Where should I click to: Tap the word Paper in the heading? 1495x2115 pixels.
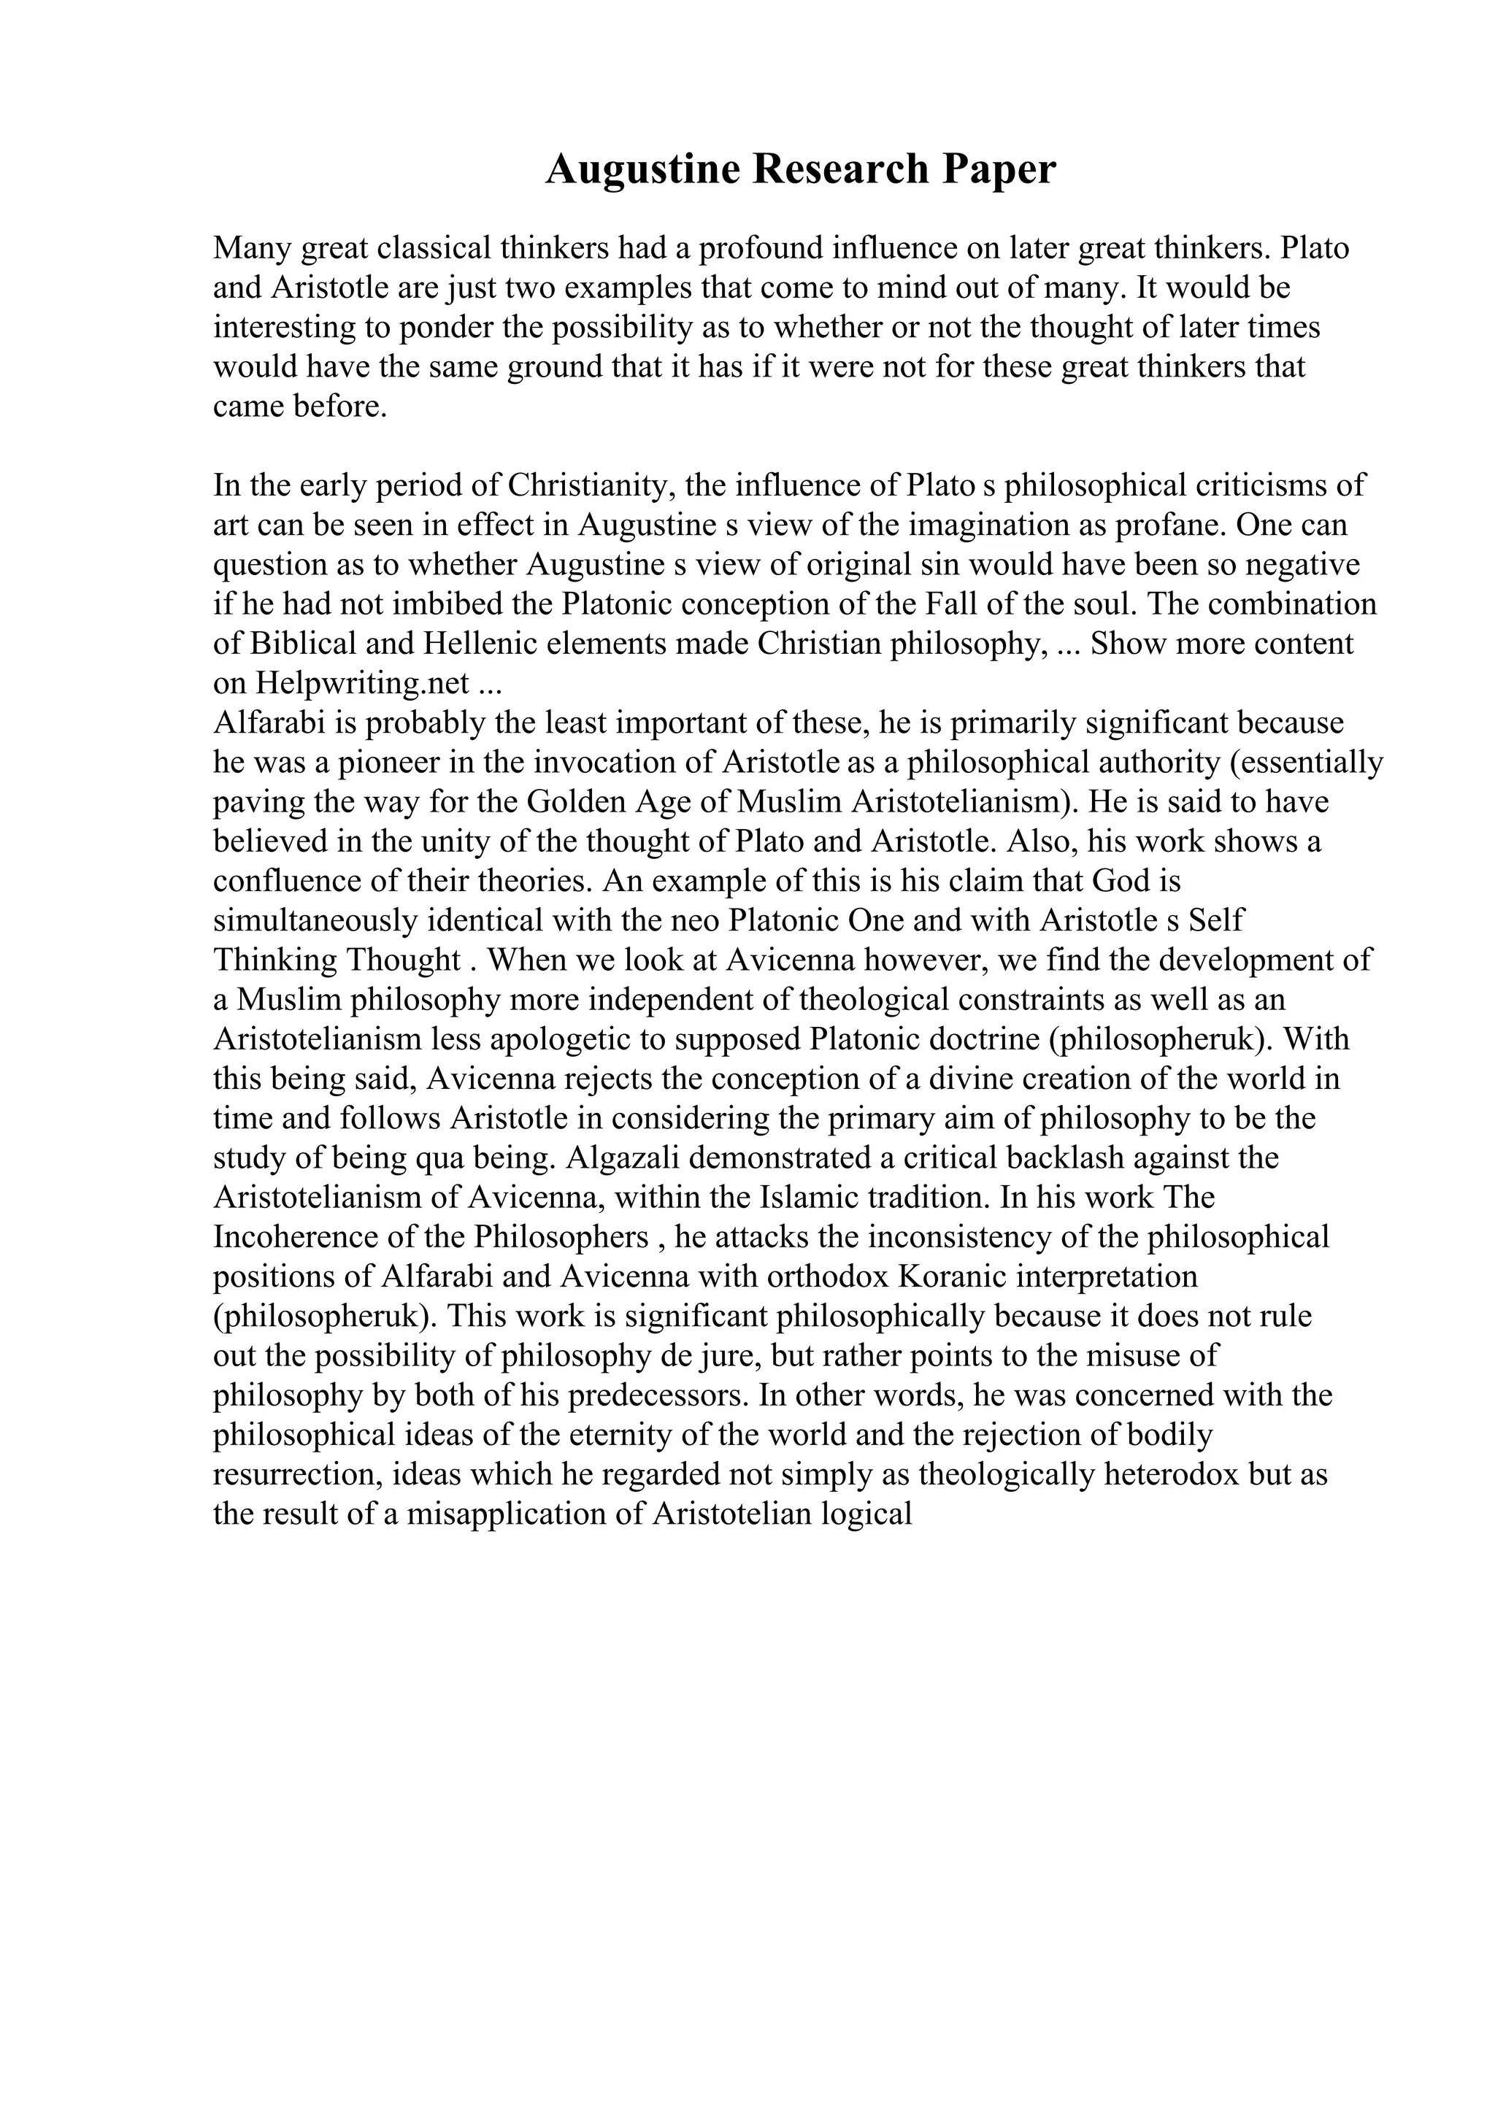[x=998, y=169]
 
